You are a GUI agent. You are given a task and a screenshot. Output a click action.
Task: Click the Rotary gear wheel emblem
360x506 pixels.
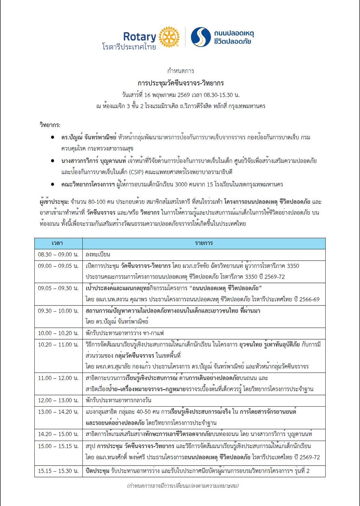click(x=169, y=37)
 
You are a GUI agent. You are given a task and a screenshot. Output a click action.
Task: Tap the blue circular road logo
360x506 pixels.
click(x=201, y=37)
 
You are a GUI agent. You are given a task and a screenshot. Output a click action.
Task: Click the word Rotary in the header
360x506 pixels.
click(x=139, y=37)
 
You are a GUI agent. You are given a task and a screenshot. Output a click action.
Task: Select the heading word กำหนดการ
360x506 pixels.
click(x=181, y=71)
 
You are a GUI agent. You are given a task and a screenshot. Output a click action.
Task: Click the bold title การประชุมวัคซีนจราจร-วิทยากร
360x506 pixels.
click(x=181, y=83)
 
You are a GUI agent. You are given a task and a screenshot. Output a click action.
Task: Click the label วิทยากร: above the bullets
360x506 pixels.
click(x=50, y=125)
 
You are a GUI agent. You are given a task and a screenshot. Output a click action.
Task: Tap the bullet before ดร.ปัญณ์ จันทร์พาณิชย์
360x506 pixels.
click(x=52, y=137)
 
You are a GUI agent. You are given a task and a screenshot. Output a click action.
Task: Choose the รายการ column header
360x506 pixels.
click(x=204, y=243)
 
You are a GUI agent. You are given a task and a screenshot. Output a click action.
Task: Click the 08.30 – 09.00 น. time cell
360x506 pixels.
click(x=58, y=255)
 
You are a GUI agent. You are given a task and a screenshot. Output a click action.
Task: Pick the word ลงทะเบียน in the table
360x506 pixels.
click(x=98, y=255)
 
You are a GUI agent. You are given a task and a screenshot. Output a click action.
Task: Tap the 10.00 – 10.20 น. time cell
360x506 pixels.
click(x=58, y=333)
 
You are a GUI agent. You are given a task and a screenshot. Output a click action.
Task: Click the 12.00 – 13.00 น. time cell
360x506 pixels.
click(x=58, y=400)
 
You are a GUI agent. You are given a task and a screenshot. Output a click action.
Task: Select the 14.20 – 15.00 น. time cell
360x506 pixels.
click(x=58, y=434)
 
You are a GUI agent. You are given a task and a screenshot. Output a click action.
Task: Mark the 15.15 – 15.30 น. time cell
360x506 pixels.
click(x=58, y=471)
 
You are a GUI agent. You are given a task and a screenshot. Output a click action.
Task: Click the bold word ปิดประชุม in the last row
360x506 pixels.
click(x=97, y=471)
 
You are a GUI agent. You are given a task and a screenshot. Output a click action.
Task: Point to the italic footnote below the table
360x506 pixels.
click(x=183, y=486)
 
